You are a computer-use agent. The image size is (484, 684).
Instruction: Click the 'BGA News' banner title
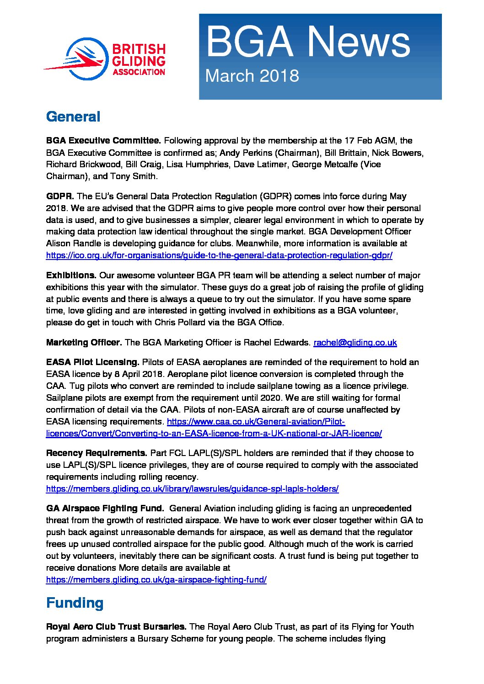(307, 42)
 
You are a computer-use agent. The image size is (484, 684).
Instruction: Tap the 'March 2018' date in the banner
(252, 76)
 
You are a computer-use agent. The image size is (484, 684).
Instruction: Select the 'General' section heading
(73, 117)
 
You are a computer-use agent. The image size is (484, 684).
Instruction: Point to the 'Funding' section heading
(75, 603)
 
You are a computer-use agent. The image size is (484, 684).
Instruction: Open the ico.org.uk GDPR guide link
(219, 255)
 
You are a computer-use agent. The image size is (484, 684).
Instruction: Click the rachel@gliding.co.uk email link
(355, 342)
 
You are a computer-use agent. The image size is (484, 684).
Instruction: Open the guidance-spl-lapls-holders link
(192, 489)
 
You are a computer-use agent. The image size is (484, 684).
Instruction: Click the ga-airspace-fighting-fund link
(156, 580)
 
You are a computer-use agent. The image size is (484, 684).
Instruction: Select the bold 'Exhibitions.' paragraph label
(71, 276)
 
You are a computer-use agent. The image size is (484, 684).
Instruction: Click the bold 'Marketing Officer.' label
(84, 342)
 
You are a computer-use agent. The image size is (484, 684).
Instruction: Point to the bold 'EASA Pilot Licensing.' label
(92, 362)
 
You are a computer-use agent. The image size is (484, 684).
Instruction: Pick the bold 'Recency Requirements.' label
(97, 453)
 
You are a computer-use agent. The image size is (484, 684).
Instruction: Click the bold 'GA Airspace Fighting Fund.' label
(105, 509)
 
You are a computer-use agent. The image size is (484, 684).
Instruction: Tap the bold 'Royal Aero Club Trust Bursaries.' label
(116, 627)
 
